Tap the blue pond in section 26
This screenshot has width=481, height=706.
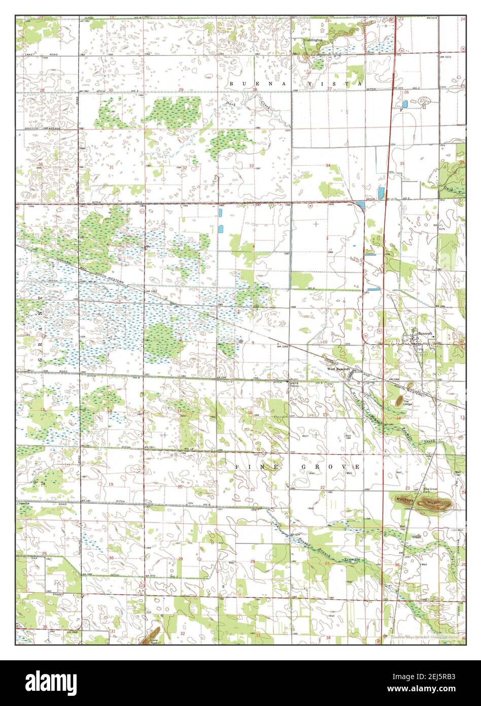pyautogui.click(x=404, y=104)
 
